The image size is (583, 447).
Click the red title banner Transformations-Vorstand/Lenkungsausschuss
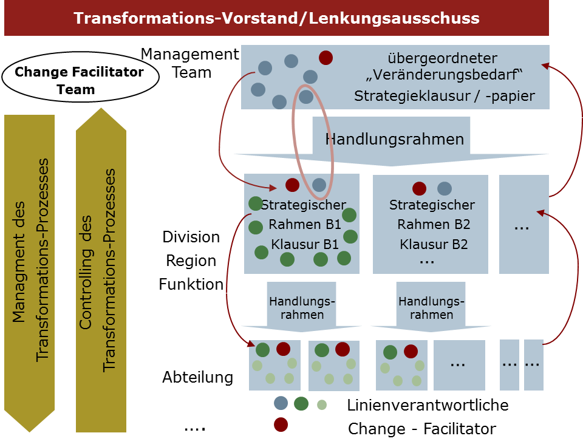(x=276, y=18)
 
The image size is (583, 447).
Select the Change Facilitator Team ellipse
(x=79, y=80)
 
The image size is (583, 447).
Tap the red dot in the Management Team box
(x=326, y=58)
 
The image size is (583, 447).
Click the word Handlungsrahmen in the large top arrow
(x=395, y=139)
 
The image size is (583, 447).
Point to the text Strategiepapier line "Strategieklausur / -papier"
(x=445, y=96)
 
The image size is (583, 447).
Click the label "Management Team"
(x=190, y=63)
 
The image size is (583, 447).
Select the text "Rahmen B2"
(x=434, y=225)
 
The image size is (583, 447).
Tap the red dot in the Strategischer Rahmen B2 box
(x=419, y=188)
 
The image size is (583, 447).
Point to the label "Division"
(x=191, y=237)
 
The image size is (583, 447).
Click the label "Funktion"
(x=191, y=284)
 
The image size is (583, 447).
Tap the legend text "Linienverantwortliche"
(x=428, y=405)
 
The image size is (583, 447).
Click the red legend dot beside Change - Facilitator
(x=281, y=424)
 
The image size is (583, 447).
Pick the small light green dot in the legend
(x=322, y=404)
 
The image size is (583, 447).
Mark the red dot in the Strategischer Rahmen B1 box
(x=292, y=185)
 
